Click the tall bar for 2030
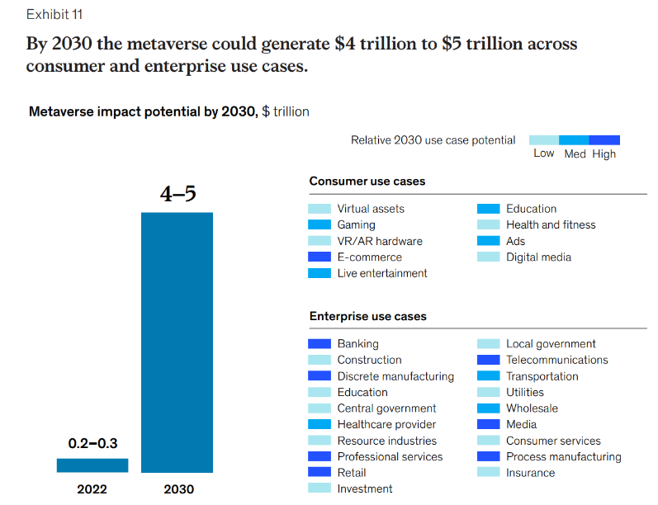(177, 342)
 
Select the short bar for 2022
(92, 465)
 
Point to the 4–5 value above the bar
(178, 196)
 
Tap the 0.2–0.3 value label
(92, 444)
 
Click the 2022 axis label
(92, 489)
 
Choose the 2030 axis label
(178, 489)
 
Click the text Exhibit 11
(54, 15)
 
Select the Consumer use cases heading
(367, 181)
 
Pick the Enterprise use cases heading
(367, 316)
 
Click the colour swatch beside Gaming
(320, 224)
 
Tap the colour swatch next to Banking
(320, 343)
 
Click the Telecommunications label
(556, 360)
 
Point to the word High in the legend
(604, 153)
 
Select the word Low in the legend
(543, 153)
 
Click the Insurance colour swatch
(489, 473)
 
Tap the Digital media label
(538, 257)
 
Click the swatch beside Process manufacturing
(489, 456)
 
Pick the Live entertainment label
(382, 273)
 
